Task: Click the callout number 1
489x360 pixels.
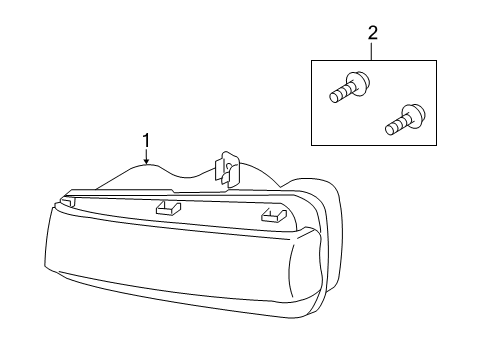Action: click(x=146, y=140)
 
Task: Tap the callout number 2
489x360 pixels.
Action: click(x=373, y=33)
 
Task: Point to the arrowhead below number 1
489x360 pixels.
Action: click(x=146, y=162)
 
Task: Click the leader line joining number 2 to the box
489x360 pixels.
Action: click(x=373, y=51)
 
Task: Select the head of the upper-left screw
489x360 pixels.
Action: click(x=359, y=83)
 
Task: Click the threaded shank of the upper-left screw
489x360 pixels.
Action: click(x=340, y=93)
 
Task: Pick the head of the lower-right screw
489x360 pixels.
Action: click(x=414, y=116)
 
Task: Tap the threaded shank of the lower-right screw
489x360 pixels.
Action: click(x=396, y=125)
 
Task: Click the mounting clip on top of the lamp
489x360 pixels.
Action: click(x=228, y=169)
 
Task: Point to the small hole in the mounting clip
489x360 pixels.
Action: click(x=229, y=166)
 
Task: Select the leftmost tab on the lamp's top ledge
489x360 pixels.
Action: click(x=67, y=201)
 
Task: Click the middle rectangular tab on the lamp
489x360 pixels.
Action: click(x=168, y=207)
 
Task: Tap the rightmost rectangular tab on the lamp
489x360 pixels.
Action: click(x=274, y=215)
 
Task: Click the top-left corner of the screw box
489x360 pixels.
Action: click(x=311, y=61)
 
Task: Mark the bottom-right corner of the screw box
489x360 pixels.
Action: click(x=437, y=145)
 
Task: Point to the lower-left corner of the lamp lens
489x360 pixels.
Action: click(x=45, y=265)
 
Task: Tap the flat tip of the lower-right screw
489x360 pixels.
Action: click(x=388, y=130)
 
